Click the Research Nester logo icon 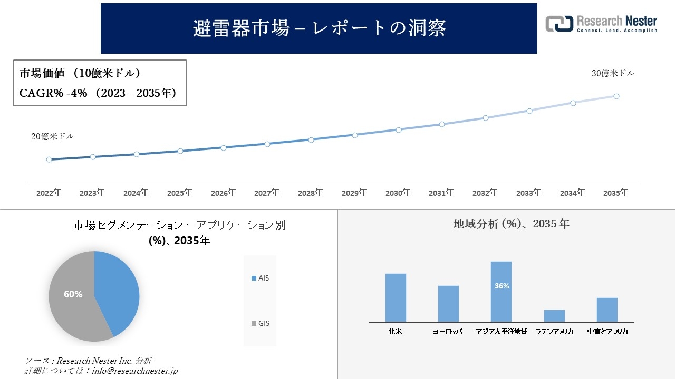pos(560,24)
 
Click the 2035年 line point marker pos(616,96)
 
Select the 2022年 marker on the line pos(49,159)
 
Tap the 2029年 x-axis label pos(354,193)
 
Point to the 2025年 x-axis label pos(180,193)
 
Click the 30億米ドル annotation pos(613,74)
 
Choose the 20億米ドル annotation pos(53,136)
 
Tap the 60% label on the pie pos(73,294)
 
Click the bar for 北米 pos(396,297)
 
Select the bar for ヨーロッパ pos(448,304)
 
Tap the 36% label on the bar pos(502,286)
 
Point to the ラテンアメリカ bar pos(554,316)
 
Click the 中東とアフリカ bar pos(607,310)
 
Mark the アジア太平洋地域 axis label pos(501,332)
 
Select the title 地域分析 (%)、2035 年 pos(511,224)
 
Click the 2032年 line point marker pos(486,118)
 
